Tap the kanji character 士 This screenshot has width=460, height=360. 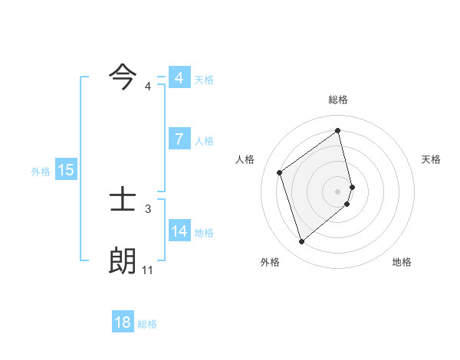[123, 201]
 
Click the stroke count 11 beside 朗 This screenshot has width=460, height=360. [148, 270]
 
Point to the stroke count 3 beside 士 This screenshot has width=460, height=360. [148, 208]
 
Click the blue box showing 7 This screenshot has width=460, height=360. [179, 139]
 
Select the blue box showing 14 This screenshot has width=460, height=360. [179, 231]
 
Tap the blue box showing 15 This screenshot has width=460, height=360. [66, 170]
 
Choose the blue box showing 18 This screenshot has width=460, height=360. [123, 322]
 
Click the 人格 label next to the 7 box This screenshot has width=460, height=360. [204, 141]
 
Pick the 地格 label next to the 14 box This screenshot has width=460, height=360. [204, 233]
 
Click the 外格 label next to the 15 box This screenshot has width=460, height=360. [41, 172]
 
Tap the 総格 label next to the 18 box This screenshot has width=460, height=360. [147, 324]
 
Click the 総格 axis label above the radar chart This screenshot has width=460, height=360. [338, 100]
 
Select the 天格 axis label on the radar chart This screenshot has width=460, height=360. [432, 159]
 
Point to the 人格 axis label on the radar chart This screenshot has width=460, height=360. [245, 159]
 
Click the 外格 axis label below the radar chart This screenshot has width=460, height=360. [270, 262]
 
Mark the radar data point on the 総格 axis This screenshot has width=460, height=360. [338, 130]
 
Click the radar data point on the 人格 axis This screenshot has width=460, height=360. [280, 172]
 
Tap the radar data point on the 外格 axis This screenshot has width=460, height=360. [301, 242]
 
